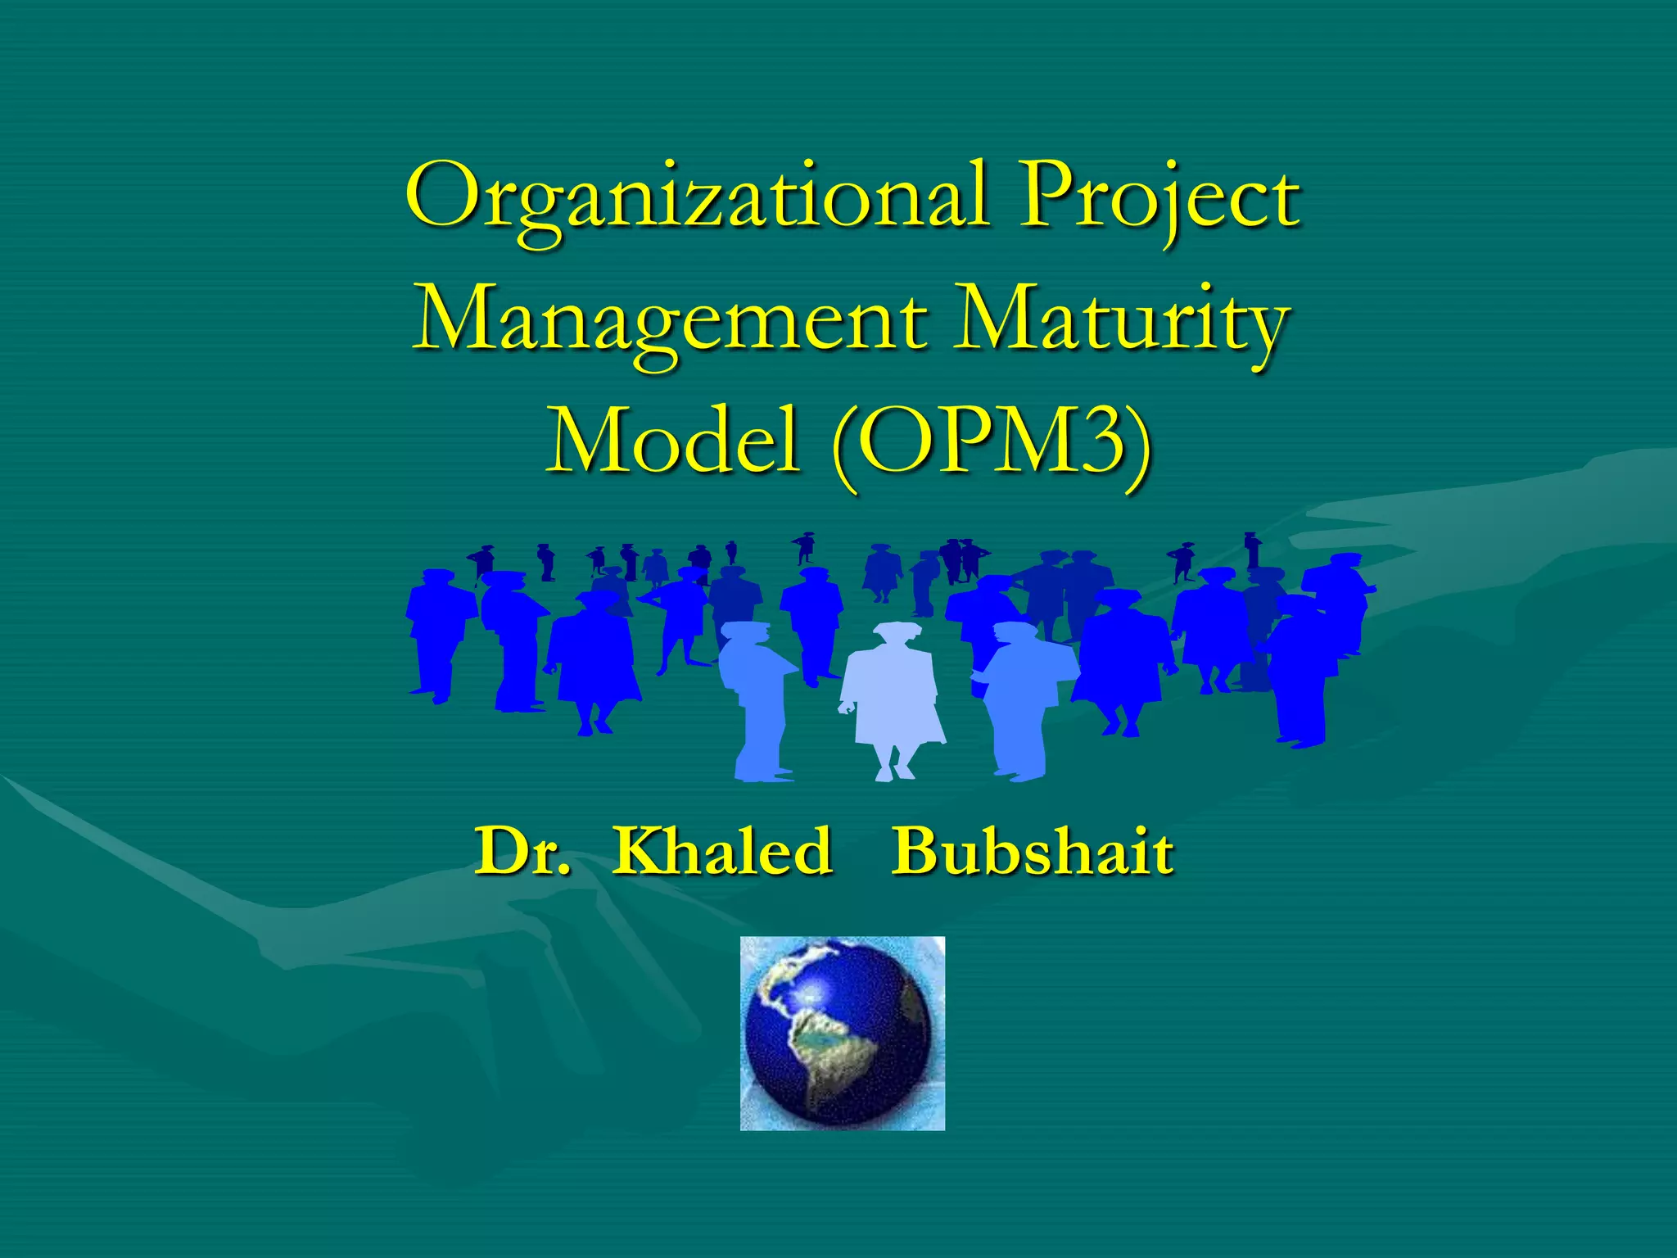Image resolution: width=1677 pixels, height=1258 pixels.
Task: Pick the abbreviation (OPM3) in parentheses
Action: (x=992, y=442)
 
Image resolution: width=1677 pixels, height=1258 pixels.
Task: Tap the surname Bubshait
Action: (x=1033, y=852)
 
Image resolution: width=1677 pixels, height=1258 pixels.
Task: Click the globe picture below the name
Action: (x=842, y=1034)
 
